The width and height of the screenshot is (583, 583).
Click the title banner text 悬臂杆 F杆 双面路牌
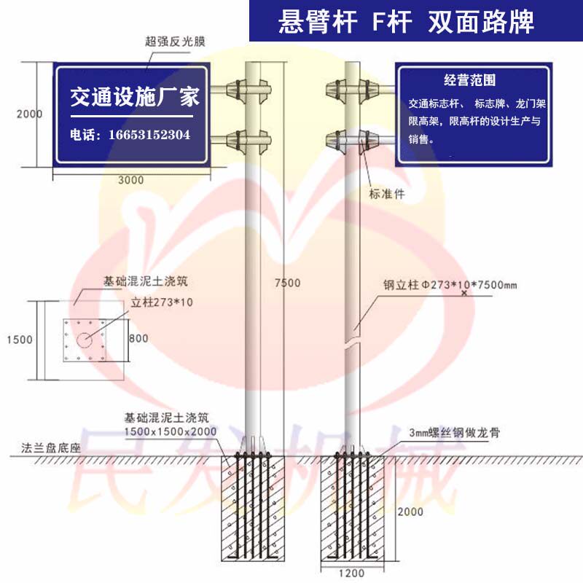407,22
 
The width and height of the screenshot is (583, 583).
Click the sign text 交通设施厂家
134,97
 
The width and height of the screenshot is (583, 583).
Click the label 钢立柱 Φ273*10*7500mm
450,285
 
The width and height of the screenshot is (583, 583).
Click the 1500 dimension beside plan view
20,339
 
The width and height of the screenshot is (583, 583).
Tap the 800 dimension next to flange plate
138,338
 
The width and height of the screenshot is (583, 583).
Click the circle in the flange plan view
85,339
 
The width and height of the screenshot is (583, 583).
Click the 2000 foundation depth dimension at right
411,512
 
